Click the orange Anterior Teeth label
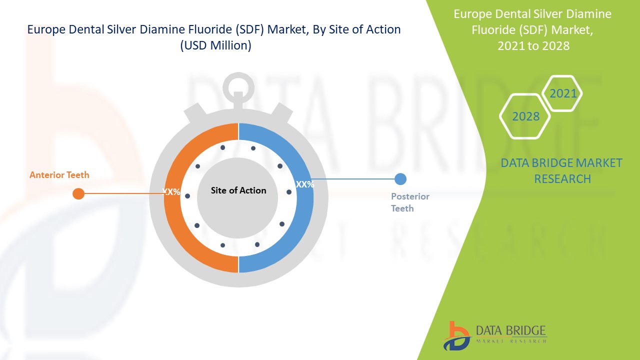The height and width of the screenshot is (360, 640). [59, 175]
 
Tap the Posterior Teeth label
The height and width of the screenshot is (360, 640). [410, 202]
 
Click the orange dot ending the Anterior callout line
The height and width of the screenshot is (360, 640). [78, 193]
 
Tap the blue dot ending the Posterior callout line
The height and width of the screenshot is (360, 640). [400, 179]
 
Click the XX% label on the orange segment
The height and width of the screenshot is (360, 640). [171, 191]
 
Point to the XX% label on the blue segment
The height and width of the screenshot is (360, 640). [305, 184]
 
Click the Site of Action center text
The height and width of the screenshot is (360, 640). [238, 190]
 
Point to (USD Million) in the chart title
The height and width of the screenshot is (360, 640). [215, 45]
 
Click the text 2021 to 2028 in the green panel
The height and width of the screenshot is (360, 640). [533, 45]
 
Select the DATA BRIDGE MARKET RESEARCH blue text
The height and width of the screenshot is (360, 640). [561, 171]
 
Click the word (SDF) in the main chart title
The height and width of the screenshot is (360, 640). [249, 29]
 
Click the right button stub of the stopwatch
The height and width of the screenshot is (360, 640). [281, 112]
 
